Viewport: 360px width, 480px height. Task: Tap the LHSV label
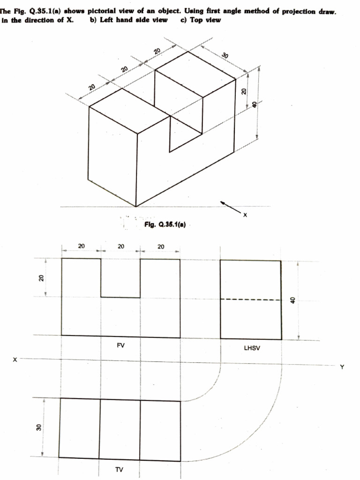(x=250, y=348)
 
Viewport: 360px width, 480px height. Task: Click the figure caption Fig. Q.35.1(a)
(x=166, y=225)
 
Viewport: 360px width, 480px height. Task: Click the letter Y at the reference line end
(x=342, y=367)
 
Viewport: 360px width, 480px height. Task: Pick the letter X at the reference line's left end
(x=15, y=360)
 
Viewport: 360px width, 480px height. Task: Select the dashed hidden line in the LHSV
(x=251, y=300)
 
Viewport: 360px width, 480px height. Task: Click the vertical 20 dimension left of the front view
(x=40, y=277)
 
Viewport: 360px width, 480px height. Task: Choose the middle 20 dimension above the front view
(x=120, y=246)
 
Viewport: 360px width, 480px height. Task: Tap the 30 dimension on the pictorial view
(x=225, y=56)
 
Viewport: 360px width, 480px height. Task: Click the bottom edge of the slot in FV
(x=120, y=297)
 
